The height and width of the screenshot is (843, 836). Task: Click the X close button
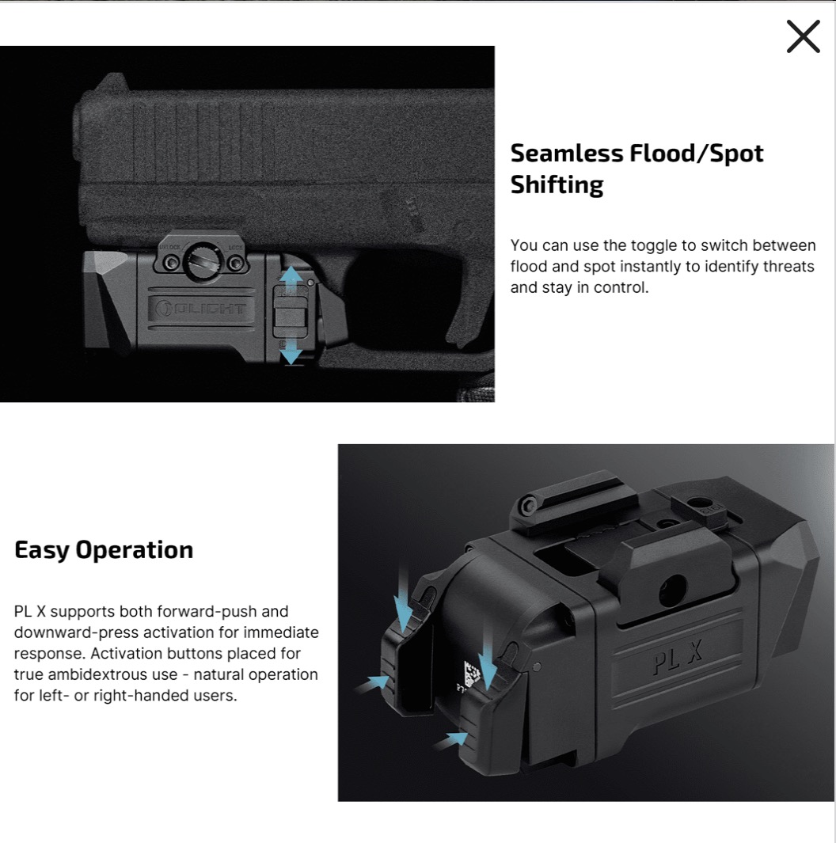804,36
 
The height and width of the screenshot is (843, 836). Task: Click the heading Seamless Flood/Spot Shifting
636,169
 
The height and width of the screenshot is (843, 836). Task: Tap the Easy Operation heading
104,550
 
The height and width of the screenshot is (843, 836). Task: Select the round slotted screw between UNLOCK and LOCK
203,262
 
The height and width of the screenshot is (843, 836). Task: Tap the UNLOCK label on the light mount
169,247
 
